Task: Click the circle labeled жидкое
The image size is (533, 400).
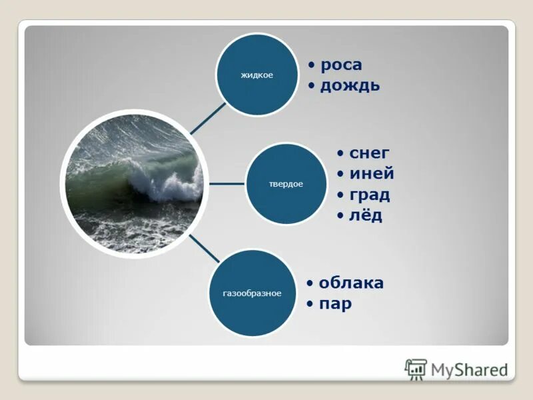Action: [x=257, y=75]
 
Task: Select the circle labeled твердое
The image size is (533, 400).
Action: [x=286, y=183]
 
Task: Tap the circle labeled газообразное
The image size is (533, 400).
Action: [x=252, y=293]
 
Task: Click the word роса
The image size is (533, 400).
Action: [x=341, y=65]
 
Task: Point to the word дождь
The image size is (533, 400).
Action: [x=350, y=85]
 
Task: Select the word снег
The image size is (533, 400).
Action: [x=369, y=153]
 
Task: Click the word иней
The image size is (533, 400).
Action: [x=372, y=174]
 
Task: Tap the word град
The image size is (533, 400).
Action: [x=370, y=195]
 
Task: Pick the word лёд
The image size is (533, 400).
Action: [x=366, y=215]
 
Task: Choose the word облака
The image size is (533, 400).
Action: [x=351, y=283]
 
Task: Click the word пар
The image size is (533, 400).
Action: [x=335, y=304]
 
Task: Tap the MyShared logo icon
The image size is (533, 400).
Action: [x=416, y=369]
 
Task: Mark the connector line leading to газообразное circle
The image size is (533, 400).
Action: [x=204, y=248]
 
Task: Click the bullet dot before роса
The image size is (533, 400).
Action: [x=312, y=65]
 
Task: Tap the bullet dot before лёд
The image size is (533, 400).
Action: [x=340, y=216]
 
